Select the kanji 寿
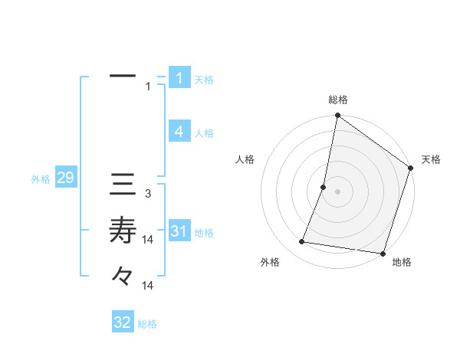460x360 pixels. pos(123,229)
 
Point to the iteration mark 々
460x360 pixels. pos(123,274)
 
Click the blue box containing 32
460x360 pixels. pos(123,322)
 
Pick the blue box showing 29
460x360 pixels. pos(65,178)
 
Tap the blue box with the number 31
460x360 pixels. pos(179,231)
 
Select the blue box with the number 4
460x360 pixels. pos(179,132)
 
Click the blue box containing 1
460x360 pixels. pos(179,78)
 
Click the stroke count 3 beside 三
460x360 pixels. pos(148,195)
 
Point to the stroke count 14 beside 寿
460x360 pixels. pos(149,240)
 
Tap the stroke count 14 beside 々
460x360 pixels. pos(149,285)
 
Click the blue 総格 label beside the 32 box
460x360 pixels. pos(147,324)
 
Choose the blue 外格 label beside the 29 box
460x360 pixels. pos(41,179)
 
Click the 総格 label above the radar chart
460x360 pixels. pos(337,100)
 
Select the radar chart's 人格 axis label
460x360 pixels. pos(245,159)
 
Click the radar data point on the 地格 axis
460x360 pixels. pos(383,253)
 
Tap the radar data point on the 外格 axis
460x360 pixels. pos(302,242)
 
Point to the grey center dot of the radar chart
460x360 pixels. pos(337,191)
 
